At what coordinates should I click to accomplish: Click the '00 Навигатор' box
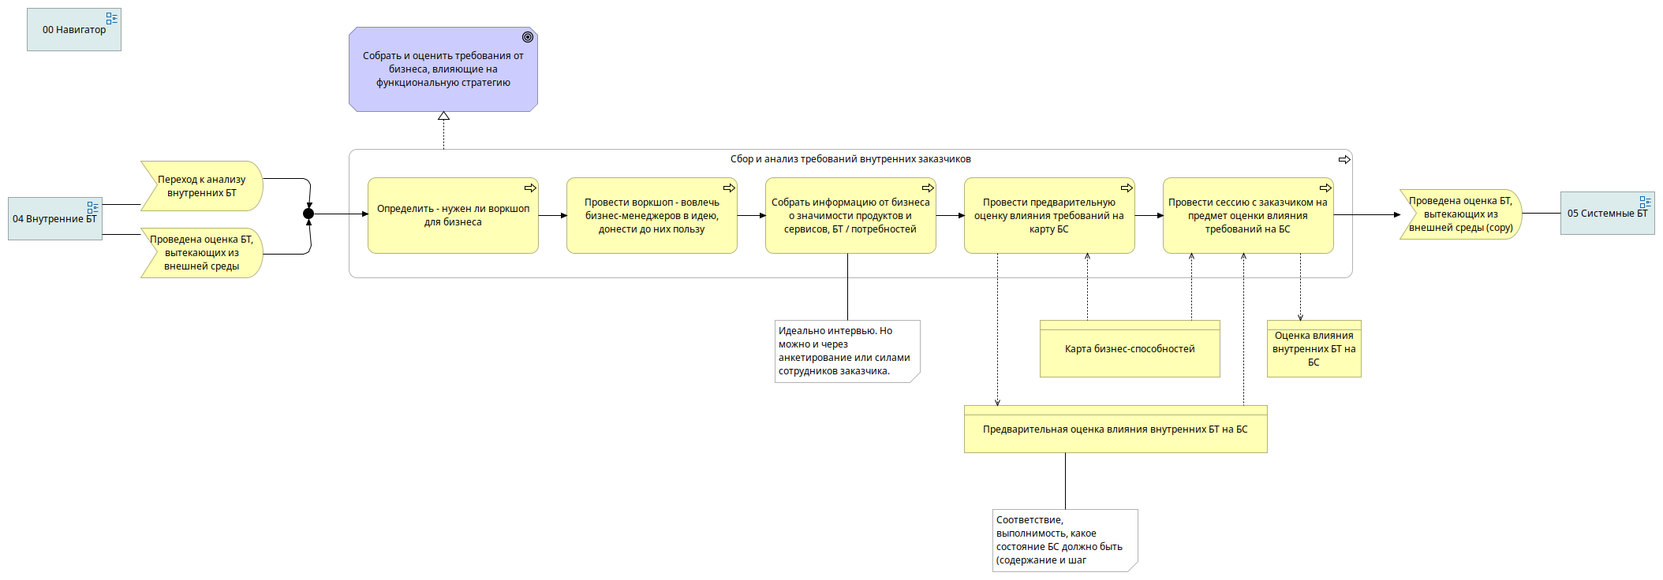(74, 30)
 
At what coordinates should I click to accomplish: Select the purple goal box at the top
(443, 69)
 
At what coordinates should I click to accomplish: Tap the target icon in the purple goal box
(528, 37)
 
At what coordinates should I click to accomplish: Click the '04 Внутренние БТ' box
(55, 218)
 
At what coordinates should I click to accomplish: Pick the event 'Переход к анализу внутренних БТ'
(201, 186)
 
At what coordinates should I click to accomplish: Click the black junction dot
(308, 214)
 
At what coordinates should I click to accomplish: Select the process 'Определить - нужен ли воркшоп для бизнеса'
(453, 215)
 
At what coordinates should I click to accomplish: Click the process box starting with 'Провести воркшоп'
(652, 215)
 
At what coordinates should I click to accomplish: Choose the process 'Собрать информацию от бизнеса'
(850, 215)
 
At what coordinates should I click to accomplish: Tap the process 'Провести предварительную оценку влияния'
(1049, 215)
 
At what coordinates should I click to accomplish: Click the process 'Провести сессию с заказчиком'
(1248, 215)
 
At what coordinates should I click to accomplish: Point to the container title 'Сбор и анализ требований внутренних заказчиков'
(850, 159)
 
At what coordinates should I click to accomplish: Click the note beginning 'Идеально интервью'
(847, 351)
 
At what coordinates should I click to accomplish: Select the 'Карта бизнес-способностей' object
(1130, 348)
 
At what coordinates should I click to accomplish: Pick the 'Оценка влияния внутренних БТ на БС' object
(1314, 348)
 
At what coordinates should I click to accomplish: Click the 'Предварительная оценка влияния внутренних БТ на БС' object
(1116, 429)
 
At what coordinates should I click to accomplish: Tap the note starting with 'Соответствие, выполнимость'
(1065, 540)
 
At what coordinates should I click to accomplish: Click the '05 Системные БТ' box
(1608, 214)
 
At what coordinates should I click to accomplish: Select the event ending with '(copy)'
(1460, 214)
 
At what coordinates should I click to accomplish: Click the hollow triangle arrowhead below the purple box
(443, 116)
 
